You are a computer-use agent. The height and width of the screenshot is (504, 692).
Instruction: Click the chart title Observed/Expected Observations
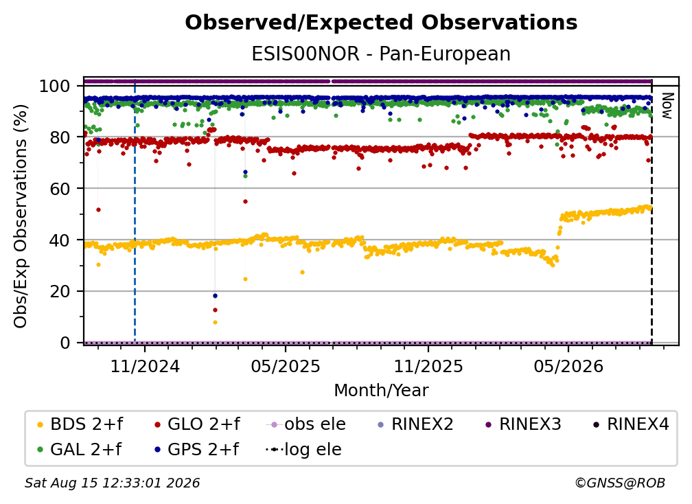tap(381, 23)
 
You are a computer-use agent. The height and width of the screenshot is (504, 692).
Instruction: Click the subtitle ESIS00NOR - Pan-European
tap(381, 54)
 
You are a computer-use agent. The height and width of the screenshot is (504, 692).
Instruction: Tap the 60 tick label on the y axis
tap(60, 188)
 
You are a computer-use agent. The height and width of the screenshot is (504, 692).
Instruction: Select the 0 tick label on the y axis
tap(65, 343)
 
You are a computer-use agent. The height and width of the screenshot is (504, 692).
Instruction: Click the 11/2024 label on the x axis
tap(145, 366)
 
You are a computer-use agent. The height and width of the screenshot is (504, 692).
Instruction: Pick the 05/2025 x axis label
tap(286, 366)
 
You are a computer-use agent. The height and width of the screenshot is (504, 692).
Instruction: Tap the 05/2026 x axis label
tap(568, 366)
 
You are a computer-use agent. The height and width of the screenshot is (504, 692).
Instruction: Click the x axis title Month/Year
tap(381, 390)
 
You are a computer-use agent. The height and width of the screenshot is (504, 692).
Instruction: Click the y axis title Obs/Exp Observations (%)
tap(21, 216)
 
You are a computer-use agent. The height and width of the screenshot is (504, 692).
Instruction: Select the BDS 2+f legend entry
tap(80, 424)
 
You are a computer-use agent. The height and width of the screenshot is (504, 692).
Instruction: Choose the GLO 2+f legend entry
tap(197, 424)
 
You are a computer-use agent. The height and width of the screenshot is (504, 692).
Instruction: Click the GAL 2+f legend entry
tap(80, 449)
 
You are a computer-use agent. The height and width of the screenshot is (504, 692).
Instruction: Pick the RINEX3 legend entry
tap(523, 424)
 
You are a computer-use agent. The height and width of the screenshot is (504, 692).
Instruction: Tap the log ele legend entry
tap(303, 449)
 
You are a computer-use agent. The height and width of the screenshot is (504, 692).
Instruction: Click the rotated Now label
tap(667, 106)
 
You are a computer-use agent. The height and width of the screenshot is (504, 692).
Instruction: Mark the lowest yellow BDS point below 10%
tap(215, 323)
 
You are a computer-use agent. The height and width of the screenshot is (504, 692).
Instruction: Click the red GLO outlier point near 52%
tap(98, 209)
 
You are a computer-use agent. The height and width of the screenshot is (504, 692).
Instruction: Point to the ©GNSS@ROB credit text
tap(620, 483)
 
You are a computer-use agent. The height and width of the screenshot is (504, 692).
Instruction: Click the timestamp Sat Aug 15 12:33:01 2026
tap(112, 483)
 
